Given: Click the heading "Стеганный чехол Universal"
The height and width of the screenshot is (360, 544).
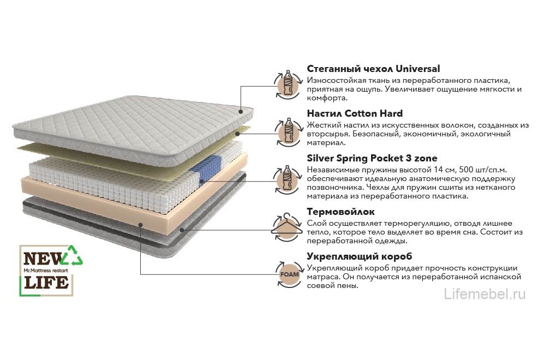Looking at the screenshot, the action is pos(373,69).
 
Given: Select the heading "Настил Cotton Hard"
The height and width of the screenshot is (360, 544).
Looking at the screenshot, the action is pos(355,113).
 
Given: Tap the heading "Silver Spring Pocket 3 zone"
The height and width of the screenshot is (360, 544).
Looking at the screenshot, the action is pos(372,158).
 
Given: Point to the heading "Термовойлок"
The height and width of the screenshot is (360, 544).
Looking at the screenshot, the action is pos(340,212).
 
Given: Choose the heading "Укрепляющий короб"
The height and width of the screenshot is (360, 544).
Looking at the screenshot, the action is pos(360,257).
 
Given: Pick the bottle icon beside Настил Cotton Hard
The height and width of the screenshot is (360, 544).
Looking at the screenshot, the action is pos(288,131).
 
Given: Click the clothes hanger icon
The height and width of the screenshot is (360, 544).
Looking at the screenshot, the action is pos(287,227).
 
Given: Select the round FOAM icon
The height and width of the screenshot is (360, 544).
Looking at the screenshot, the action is pos(289,274).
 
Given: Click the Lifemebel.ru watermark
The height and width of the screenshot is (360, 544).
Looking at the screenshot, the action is pos(485,294).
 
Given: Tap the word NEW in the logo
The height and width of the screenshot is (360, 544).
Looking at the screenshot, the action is pos(43,259).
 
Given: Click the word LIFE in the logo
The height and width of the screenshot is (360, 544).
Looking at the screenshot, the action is pos(46,282).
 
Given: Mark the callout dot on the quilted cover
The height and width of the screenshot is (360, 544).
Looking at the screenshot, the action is pos(241,111).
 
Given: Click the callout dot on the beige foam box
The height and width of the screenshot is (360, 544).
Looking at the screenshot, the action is pos(141,224).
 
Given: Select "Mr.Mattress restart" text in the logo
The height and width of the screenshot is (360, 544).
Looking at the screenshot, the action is pos(46,270).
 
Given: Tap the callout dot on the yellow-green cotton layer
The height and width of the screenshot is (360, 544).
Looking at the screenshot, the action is pos(237,133).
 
